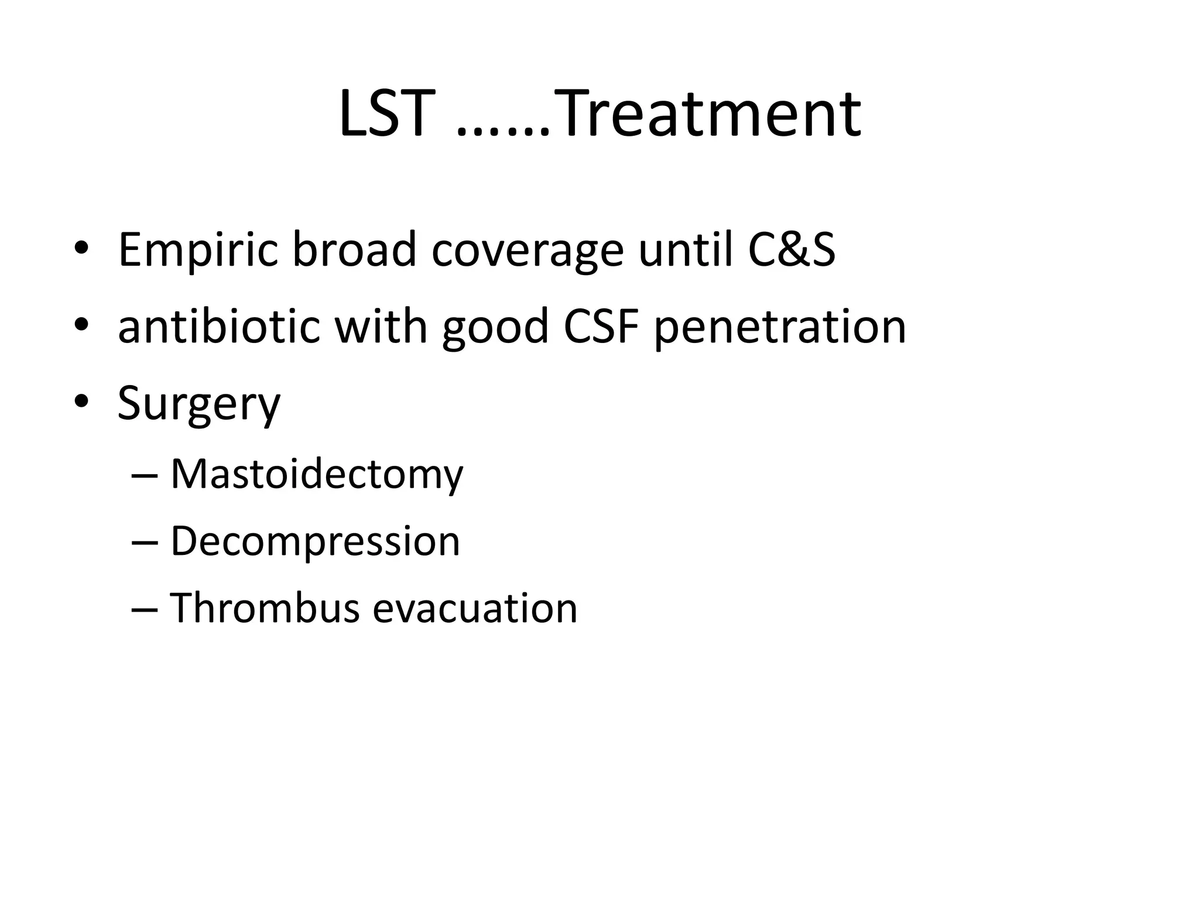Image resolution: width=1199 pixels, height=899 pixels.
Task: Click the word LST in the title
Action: (387, 114)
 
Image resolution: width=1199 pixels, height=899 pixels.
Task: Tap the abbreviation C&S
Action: (792, 249)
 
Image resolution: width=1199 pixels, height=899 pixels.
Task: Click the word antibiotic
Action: (218, 326)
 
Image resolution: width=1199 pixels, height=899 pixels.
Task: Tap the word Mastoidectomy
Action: (316, 475)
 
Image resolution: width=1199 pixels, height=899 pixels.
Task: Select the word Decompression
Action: (315, 542)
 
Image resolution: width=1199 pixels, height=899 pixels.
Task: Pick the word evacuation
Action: (475, 609)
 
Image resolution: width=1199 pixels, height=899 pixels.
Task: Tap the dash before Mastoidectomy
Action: (145, 475)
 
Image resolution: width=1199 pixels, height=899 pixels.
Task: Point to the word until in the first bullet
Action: (685, 249)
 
